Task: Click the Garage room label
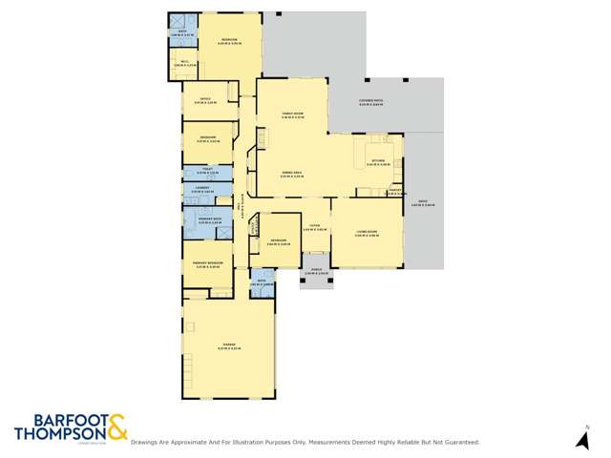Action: click(228, 345)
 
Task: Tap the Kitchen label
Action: click(378, 160)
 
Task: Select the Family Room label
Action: click(292, 114)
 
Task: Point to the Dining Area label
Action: click(291, 173)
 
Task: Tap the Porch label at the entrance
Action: click(316, 272)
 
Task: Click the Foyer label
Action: click(314, 227)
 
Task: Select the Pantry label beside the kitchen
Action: click(393, 190)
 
